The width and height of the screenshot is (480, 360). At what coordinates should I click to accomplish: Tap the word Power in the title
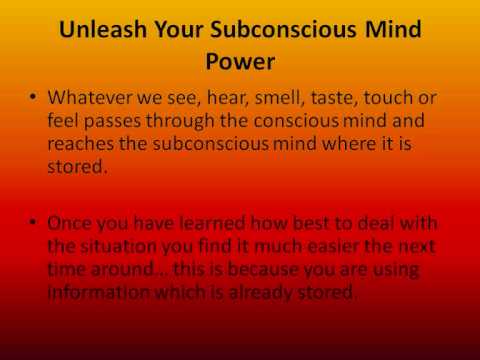tap(241, 63)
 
